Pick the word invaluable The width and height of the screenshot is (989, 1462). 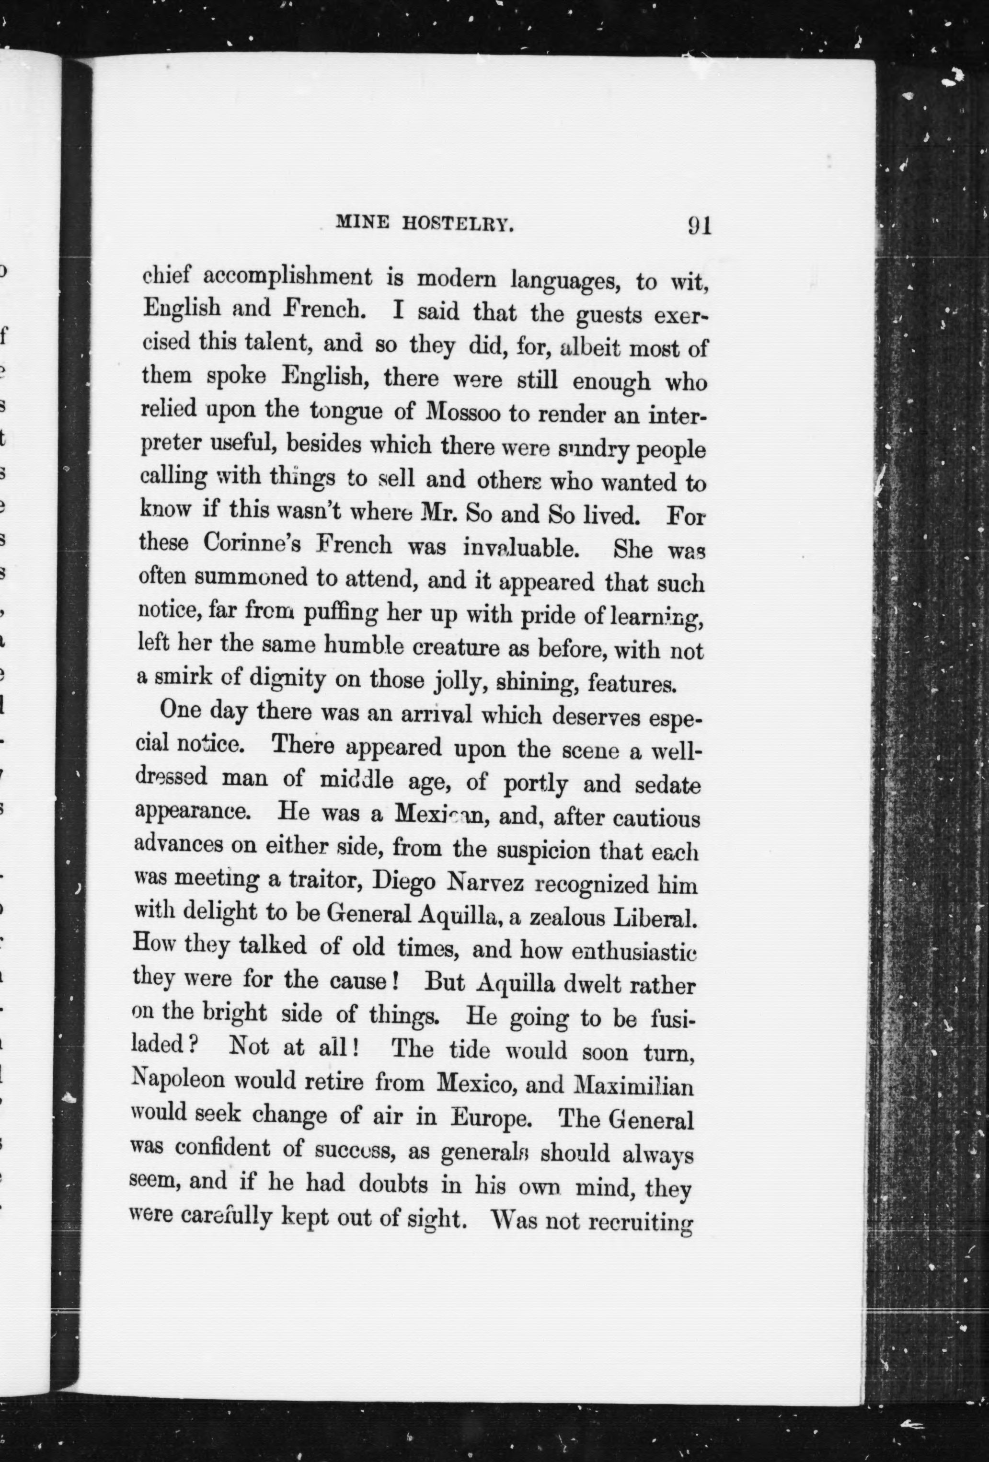click(x=520, y=547)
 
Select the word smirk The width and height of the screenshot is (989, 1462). click(x=177, y=678)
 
